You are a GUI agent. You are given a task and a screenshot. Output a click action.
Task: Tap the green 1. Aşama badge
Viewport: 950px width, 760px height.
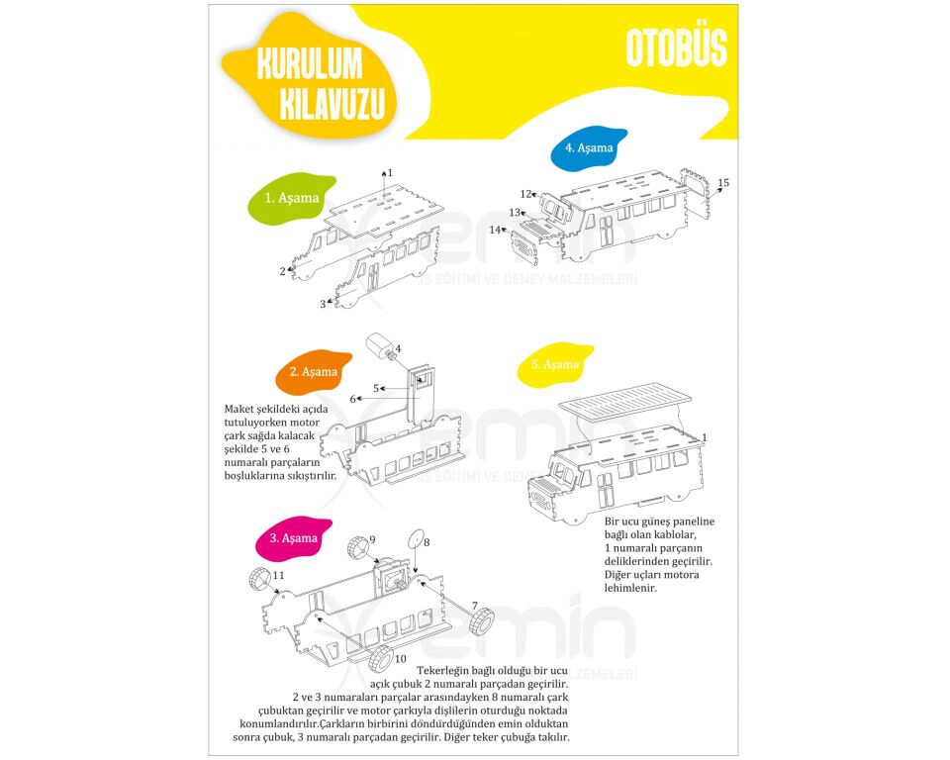point(291,199)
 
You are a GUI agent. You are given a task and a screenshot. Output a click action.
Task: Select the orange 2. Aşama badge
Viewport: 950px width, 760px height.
point(314,371)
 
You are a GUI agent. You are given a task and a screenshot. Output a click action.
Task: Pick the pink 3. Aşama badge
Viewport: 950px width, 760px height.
point(293,538)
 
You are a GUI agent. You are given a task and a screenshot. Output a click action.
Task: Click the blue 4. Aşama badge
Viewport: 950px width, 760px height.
point(589,147)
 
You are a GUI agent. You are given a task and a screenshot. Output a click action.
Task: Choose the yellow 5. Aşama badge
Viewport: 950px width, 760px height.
point(555,364)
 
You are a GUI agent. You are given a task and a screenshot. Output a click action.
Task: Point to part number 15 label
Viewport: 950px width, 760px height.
point(723,182)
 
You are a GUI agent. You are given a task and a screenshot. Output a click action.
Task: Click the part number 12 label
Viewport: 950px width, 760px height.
point(525,194)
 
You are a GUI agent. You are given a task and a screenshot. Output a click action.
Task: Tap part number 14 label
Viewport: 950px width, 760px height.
point(495,230)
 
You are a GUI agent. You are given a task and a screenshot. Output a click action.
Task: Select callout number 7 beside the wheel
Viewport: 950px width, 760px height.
point(475,606)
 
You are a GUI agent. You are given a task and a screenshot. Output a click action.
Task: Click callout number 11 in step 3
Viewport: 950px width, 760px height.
point(278,575)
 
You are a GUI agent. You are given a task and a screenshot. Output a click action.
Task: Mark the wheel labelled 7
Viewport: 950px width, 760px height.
point(482,622)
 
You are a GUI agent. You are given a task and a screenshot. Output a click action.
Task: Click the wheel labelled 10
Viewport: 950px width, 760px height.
point(380,659)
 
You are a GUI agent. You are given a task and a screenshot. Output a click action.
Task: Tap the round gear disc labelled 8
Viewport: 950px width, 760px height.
point(415,538)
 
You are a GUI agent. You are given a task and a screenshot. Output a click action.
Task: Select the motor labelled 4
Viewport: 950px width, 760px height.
point(379,347)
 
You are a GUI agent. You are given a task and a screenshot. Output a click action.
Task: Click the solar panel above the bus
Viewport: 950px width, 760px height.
point(624,399)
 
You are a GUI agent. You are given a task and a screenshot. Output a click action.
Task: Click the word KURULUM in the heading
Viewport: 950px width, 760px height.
point(310,64)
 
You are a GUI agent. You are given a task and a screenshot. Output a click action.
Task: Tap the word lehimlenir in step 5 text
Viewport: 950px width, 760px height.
point(630,588)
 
